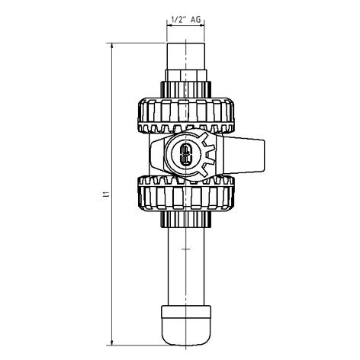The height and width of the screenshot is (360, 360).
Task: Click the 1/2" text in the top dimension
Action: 178,19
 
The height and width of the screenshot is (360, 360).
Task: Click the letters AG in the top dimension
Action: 196,19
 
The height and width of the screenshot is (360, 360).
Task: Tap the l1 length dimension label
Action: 107,195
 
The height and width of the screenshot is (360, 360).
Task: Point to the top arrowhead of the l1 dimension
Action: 112,47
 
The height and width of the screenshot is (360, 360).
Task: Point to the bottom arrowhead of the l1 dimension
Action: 112,342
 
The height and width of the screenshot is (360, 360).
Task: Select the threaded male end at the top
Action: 186,56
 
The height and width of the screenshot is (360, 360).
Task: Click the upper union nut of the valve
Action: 186,115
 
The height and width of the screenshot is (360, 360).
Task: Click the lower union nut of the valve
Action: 186,193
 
